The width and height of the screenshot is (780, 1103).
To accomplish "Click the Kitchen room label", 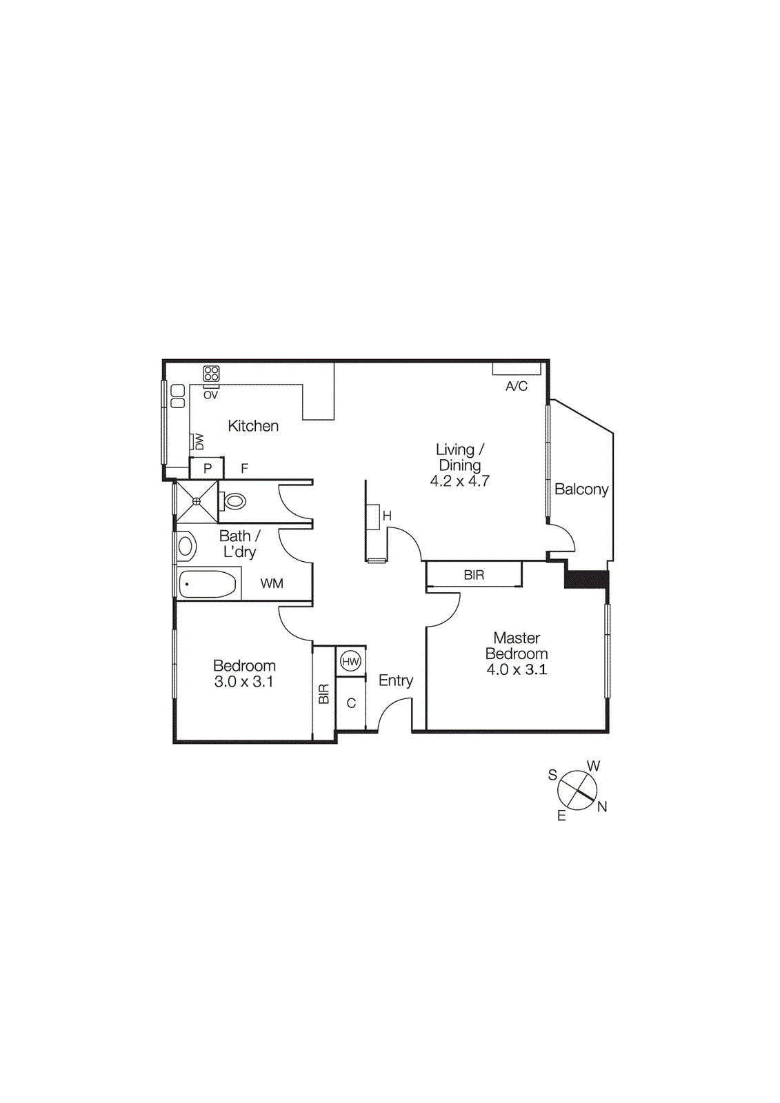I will click(253, 426).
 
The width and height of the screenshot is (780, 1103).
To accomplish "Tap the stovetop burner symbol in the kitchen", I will click(211, 374).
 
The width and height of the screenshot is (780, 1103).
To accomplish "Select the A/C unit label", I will click(517, 386).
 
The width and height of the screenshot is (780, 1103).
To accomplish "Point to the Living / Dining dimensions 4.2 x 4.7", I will click(460, 481).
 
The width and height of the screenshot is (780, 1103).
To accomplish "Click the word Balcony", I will click(581, 489).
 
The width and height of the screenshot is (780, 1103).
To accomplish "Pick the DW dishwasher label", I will click(199, 441).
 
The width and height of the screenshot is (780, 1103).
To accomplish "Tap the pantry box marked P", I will click(207, 469).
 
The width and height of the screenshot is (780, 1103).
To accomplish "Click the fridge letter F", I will click(244, 469).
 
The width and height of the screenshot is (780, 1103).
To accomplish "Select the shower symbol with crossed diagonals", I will click(197, 501).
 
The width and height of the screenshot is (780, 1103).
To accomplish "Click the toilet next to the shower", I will click(234, 501).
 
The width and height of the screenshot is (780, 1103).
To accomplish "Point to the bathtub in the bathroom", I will click(208, 585).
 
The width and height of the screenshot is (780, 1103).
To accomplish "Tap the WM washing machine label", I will click(272, 584).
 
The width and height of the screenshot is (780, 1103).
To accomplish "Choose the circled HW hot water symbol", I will click(350, 662).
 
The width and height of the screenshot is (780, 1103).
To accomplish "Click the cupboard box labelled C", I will click(351, 703).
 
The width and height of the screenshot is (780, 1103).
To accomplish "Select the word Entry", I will click(396, 680).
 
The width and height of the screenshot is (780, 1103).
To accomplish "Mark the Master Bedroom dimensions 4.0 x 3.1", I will click(517, 669).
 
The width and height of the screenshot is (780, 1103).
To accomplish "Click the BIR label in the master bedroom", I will click(474, 575).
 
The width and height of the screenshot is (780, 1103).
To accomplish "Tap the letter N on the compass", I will click(602, 807).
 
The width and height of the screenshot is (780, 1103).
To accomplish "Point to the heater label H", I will click(387, 516).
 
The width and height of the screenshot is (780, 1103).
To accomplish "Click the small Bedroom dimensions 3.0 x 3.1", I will click(244, 682).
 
